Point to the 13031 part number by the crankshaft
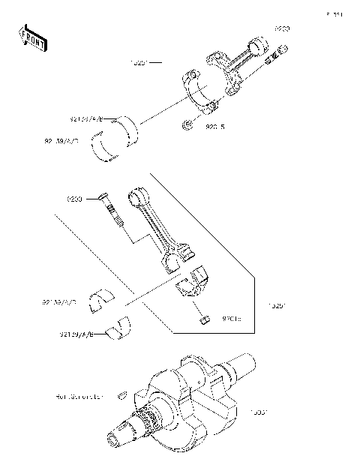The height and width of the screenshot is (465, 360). (259, 412)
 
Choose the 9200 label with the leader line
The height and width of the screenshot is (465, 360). (74, 199)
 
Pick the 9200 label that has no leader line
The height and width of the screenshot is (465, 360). (281, 28)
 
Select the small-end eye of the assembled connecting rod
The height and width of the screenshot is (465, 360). (262, 46)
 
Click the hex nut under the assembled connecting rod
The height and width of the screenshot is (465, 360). (187, 124)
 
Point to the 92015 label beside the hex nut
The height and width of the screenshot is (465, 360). (215, 127)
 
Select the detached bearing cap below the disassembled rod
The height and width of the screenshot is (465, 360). (193, 284)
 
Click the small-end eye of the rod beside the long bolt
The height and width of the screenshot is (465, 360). (139, 198)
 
